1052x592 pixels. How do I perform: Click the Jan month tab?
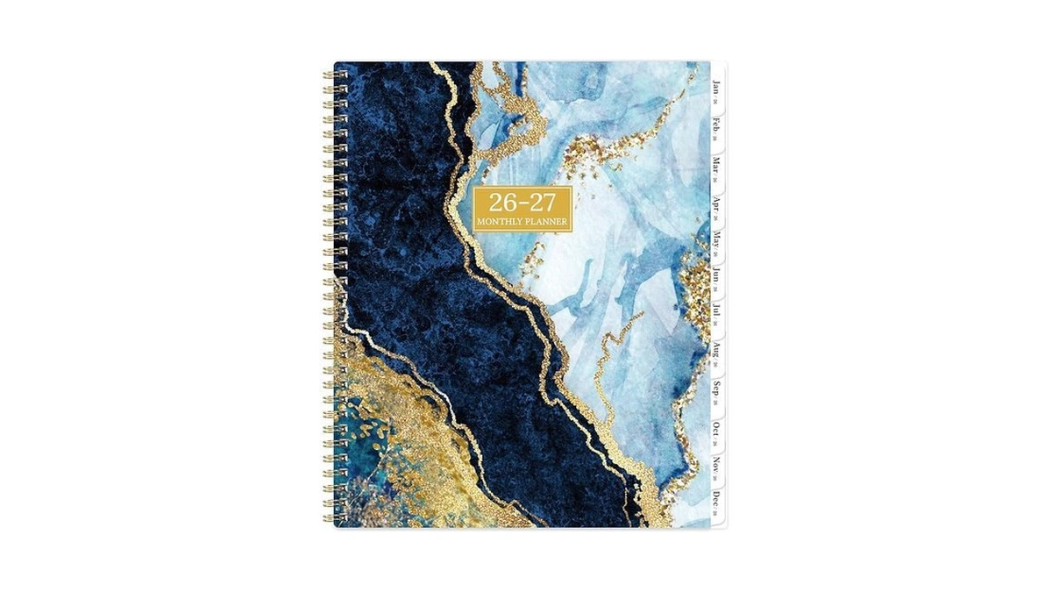coord(716,89)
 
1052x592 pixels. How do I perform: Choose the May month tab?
coord(716,239)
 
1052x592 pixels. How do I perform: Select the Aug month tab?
coord(716,351)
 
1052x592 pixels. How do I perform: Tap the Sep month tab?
coord(716,389)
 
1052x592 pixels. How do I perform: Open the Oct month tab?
coord(716,429)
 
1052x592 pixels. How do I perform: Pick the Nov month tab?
coord(716,465)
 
